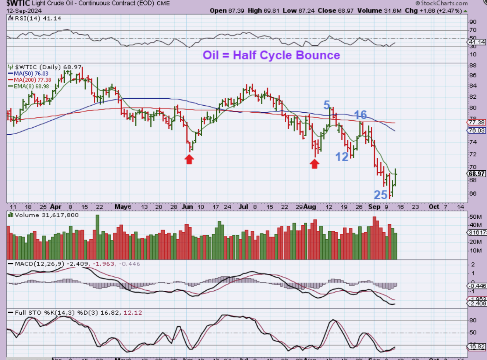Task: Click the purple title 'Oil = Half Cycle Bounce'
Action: [x=271, y=55]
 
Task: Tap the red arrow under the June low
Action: [x=189, y=159]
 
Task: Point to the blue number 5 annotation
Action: [x=327, y=105]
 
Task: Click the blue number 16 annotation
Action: [x=360, y=115]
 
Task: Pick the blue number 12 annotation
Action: [x=342, y=156]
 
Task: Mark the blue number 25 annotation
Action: [x=380, y=195]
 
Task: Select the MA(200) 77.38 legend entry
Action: [x=26, y=79]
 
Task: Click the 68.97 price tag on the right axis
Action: [x=477, y=174]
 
